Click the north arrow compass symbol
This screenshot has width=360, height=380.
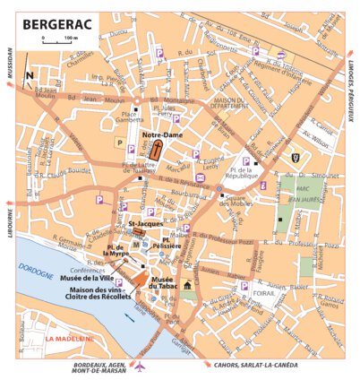(30, 75)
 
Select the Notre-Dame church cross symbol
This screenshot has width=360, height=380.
(158, 148)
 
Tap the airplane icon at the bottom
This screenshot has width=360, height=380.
(139, 365)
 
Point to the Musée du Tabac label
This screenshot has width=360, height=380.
(162, 283)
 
